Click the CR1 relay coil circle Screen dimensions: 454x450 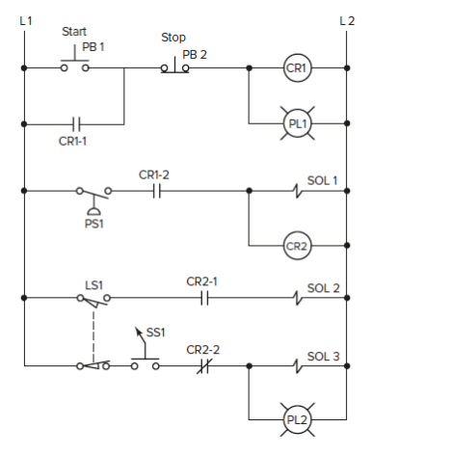[296, 68]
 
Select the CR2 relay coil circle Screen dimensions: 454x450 [296, 246]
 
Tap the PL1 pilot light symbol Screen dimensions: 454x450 [296, 123]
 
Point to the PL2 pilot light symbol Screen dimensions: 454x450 [296, 419]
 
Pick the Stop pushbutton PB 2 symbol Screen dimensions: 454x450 [174, 67]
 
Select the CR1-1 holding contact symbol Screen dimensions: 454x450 [76, 123]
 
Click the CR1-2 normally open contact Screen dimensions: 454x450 [157, 191]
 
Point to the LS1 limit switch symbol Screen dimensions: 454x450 [93, 300]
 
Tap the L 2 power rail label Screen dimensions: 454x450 [347, 20]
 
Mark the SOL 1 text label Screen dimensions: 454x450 [323, 179]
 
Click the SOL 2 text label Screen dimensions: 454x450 [323, 287]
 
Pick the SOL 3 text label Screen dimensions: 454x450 [323, 355]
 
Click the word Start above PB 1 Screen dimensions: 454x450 [74, 32]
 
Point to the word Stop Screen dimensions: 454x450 [173, 39]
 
